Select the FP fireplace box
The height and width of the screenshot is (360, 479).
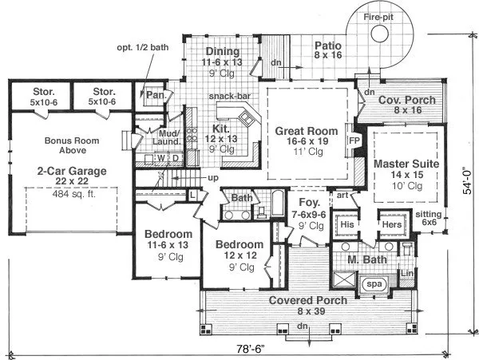(x=354, y=140)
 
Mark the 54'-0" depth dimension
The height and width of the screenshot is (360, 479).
(x=469, y=180)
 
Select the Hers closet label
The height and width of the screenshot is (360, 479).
(x=391, y=225)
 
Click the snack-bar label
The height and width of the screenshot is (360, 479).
(x=226, y=96)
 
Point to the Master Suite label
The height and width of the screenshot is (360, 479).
(x=402, y=163)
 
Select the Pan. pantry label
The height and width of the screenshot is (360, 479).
(x=153, y=93)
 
